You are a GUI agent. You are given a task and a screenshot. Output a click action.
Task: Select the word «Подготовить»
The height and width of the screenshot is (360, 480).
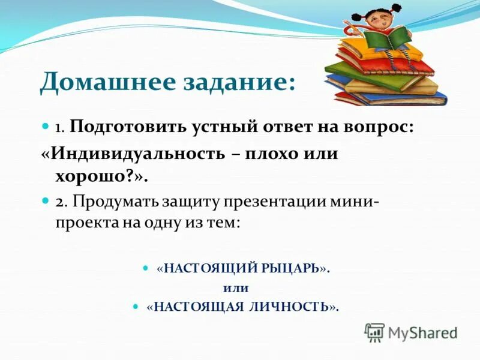(129, 127)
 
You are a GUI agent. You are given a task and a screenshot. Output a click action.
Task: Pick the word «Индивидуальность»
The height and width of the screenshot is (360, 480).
(137, 153)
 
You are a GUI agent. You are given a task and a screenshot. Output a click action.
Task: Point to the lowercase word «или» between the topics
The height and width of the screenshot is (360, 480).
(239, 288)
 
